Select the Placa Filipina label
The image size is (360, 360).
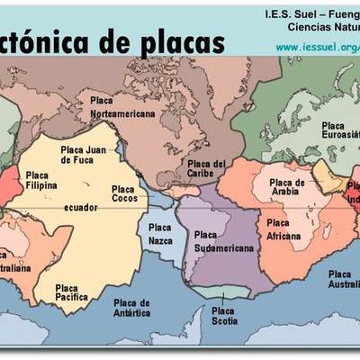(41, 180)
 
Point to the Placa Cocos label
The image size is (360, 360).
(124, 193)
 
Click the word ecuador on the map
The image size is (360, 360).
(81, 208)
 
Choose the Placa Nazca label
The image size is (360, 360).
(161, 236)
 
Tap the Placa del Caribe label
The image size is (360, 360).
(206, 169)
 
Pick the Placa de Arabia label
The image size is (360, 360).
(288, 186)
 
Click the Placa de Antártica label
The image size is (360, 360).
(132, 309)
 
